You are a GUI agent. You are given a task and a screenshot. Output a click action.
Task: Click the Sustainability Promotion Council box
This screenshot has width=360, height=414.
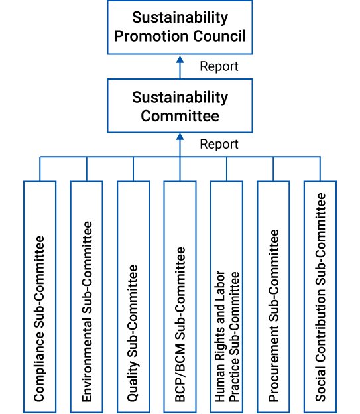click(x=180, y=27)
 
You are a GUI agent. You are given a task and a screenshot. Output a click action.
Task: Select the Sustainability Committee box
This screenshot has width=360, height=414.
click(x=180, y=105)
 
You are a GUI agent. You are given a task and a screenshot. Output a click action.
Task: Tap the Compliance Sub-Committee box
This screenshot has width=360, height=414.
click(x=40, y=297)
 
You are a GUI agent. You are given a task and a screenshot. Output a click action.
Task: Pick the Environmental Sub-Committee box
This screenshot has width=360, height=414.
click(x=87, y=297)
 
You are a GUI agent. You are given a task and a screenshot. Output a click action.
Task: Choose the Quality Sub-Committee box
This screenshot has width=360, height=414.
click(x=133, y=297)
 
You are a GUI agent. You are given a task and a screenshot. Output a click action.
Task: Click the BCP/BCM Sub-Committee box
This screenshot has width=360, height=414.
click(x=180, y=297)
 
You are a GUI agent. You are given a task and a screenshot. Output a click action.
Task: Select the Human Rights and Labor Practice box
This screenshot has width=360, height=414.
click(x=227, y=297)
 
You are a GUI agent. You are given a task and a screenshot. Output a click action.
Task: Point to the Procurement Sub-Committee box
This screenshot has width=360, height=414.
click(x=273, y=297)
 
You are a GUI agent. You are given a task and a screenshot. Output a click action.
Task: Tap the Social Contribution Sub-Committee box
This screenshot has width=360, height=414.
click(x=320, y=297)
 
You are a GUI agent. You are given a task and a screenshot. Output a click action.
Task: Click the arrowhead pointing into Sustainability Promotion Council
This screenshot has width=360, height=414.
click(x=180, y=59)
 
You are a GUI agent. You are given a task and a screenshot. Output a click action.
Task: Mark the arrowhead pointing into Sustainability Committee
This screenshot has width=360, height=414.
click(x=180, y=137)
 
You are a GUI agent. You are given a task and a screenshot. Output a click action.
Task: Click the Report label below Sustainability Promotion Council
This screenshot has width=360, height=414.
click(x=219, y=66)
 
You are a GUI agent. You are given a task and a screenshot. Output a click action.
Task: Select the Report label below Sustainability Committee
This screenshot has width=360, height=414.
click(x=219, y=145)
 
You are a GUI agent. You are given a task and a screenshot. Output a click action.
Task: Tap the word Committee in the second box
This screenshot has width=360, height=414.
click(x=180, y=116)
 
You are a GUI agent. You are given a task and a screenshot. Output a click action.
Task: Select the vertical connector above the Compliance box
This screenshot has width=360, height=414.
click(x=40, y=169)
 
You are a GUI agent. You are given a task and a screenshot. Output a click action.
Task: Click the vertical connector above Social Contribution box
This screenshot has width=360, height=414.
click(x=320, y=169)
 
